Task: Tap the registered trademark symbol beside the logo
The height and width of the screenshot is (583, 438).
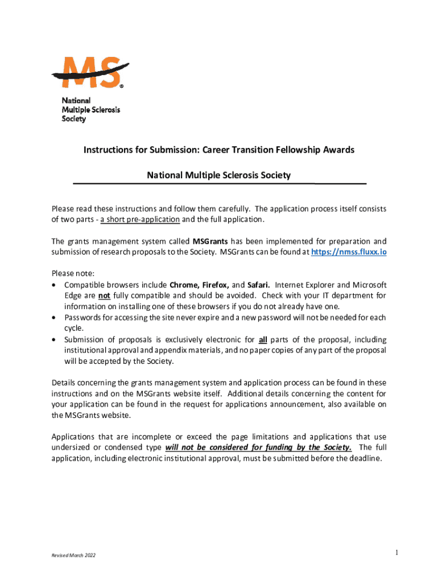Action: tap(121, 87)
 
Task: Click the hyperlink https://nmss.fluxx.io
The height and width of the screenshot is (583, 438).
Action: tap(348, 252)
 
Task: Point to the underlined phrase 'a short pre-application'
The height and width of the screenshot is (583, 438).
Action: tap(140, 219)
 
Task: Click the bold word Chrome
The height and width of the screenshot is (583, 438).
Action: tap(183, 285)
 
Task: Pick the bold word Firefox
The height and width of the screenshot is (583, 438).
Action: tap(215, 285)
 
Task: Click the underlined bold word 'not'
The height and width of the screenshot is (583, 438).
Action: tap(104, 295)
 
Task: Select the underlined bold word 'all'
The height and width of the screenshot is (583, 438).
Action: tap(263, 340)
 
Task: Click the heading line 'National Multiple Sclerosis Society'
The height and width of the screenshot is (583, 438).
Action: tap(218, 175)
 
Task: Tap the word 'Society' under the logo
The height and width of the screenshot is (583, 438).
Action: tap(73, 119)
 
